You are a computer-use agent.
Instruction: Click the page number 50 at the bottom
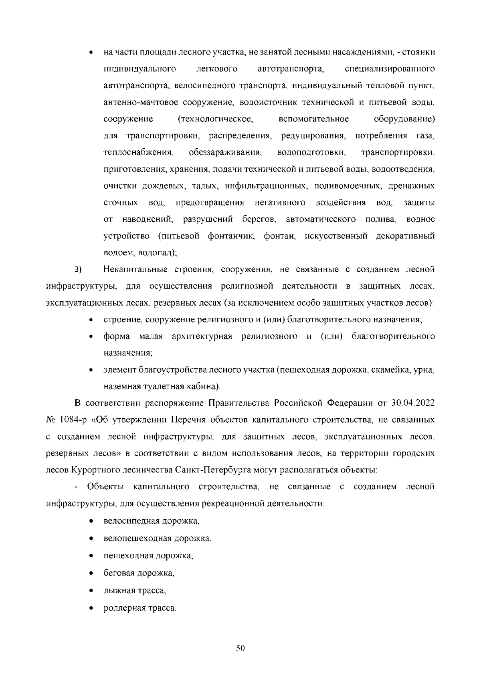240,648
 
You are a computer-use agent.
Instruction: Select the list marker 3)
78,270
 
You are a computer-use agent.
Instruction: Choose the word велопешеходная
137,539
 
